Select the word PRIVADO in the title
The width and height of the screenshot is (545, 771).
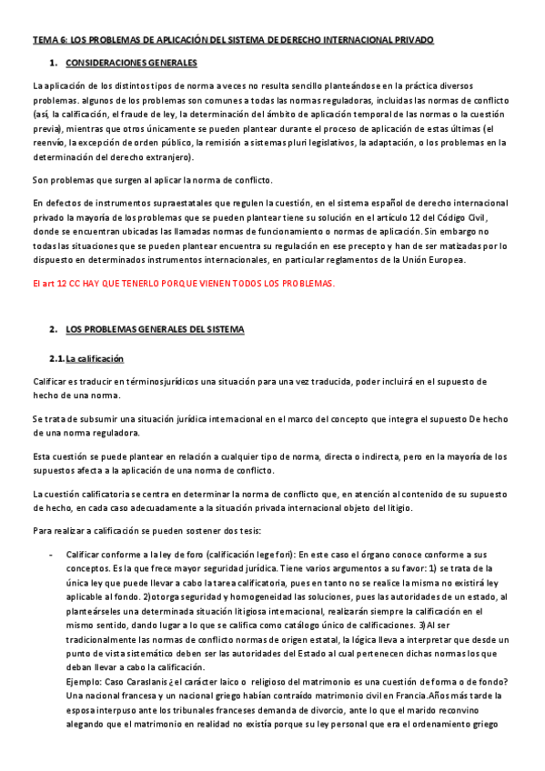(410, 41)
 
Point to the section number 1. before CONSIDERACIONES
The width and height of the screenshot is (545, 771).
(54, 64)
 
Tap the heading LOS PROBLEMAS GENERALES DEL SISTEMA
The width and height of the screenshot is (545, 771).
(156, 328)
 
